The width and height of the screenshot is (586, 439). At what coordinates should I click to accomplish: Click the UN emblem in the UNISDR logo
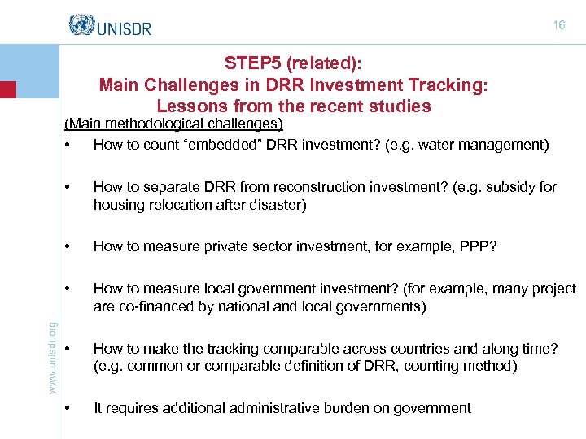[x=82, y=25]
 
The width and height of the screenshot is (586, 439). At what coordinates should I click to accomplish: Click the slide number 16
[x=558, y=25]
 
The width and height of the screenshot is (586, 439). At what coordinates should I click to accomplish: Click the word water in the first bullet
[x=438, y=145]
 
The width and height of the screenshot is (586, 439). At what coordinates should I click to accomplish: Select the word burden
[x=365, y=408]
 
